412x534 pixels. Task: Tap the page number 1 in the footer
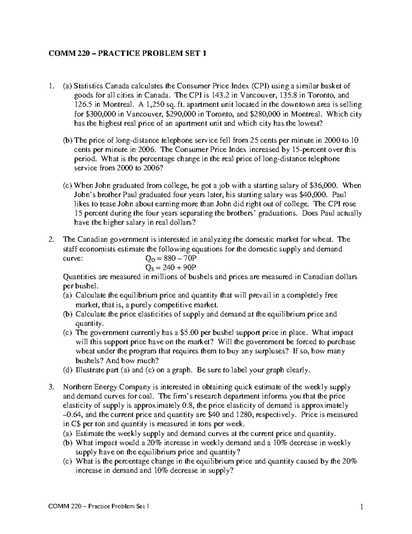point(362,507)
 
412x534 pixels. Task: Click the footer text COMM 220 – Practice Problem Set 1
point(100,507)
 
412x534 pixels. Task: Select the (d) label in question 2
point(67,370)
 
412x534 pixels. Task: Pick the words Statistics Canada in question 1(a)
point(98,86)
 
